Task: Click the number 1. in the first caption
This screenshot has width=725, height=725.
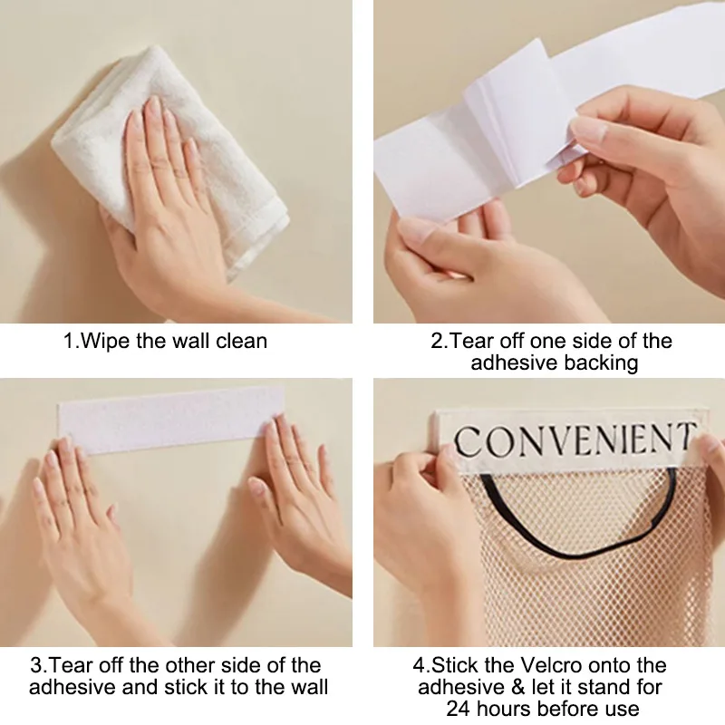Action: pos(70,342)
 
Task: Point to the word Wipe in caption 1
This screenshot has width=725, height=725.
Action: pos(102,342)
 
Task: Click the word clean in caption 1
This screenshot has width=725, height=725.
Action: pos(240,342)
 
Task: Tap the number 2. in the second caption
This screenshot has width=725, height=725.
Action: pos(439,342)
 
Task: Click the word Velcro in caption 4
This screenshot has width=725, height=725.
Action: pos(560,666)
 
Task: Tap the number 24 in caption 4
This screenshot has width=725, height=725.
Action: pos(459,709)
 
